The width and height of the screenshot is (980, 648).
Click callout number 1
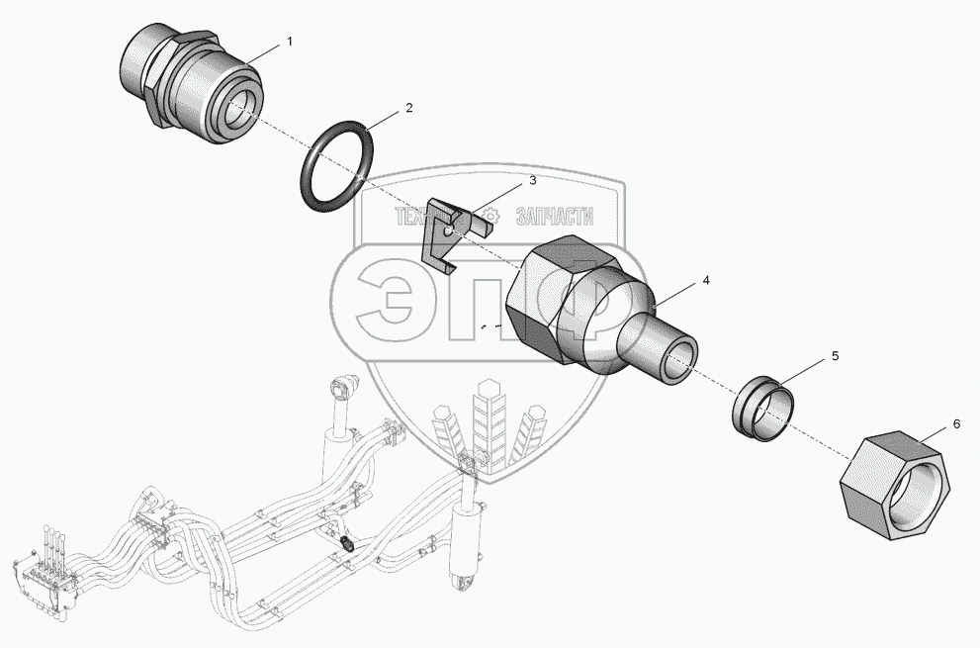click(290, 42)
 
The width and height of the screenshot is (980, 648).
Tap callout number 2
click(409, 108)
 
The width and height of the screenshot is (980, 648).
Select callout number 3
click(532, 181)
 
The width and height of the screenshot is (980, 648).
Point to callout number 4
click(706, 280)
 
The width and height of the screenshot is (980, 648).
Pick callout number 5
click(835, 356)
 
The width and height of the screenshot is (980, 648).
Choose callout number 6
click(956, 424)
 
